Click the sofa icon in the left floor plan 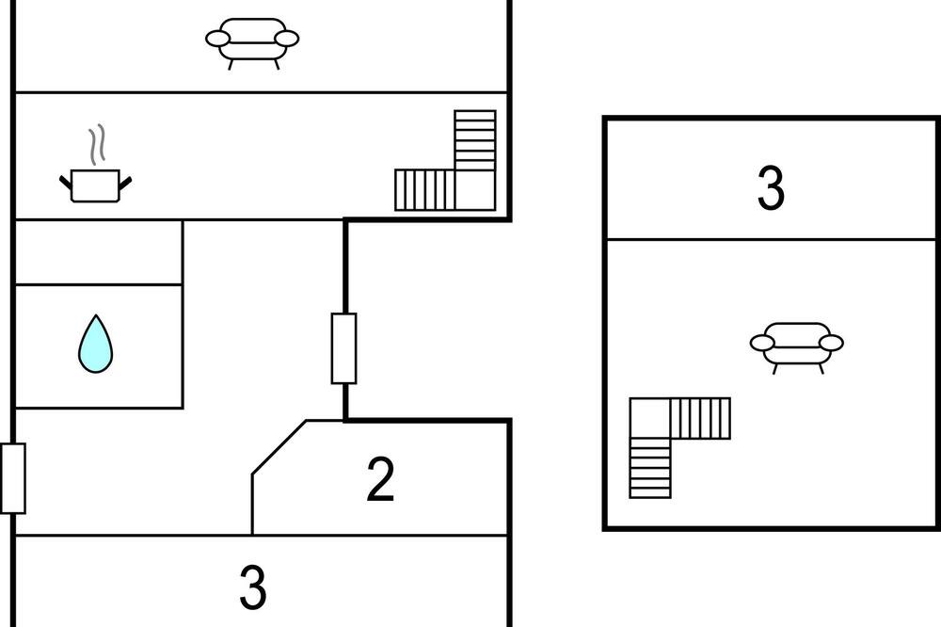252,43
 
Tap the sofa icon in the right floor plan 796,347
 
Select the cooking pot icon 95,185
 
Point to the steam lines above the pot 97,145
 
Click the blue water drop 95,345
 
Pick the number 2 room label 380,478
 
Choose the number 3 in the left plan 252,587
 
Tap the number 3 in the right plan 771,188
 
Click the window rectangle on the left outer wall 12,478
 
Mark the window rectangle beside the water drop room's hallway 343,348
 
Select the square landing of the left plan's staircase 475,190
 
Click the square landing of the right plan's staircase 650,418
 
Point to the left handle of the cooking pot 66,182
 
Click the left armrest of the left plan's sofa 217,39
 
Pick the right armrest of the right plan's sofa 831,343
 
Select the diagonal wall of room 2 279,447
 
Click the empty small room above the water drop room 99,252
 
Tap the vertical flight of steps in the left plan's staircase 475,140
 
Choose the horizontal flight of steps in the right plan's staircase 700,418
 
